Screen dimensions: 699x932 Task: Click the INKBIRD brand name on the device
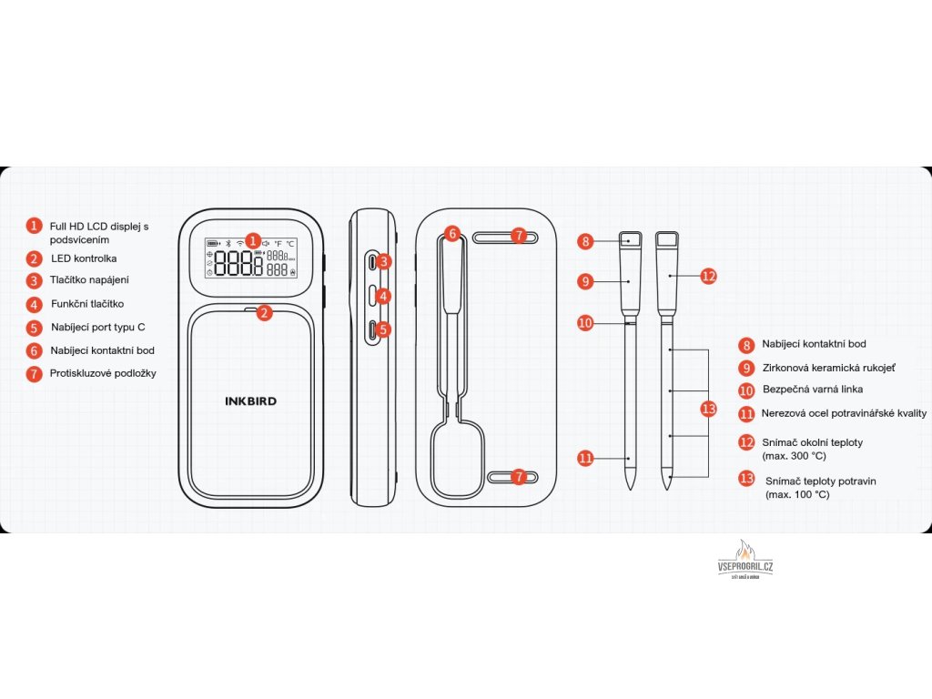[251, 400]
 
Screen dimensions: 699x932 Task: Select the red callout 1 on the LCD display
[253, 241]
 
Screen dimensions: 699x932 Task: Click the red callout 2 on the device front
[264, 313]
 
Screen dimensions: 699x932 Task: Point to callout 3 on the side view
[384, 262]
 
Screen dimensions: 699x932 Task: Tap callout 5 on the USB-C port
[384, 329]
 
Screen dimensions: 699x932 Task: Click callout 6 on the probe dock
[453, 234]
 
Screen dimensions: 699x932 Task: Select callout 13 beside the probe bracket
[709, 409]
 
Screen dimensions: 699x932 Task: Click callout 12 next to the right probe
[708, 275]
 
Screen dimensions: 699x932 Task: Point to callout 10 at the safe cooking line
[585, 322]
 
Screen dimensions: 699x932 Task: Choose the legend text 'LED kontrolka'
[84, 258]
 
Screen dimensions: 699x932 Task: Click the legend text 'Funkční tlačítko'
[87, 304]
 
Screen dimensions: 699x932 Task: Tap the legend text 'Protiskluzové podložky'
[103, 373]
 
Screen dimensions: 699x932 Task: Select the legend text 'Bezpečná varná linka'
[813, 389]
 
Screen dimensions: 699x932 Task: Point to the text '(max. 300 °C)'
[795, 455]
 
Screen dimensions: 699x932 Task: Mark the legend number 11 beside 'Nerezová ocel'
[746, 413]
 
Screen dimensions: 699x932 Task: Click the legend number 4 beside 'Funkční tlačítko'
[34, 305]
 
